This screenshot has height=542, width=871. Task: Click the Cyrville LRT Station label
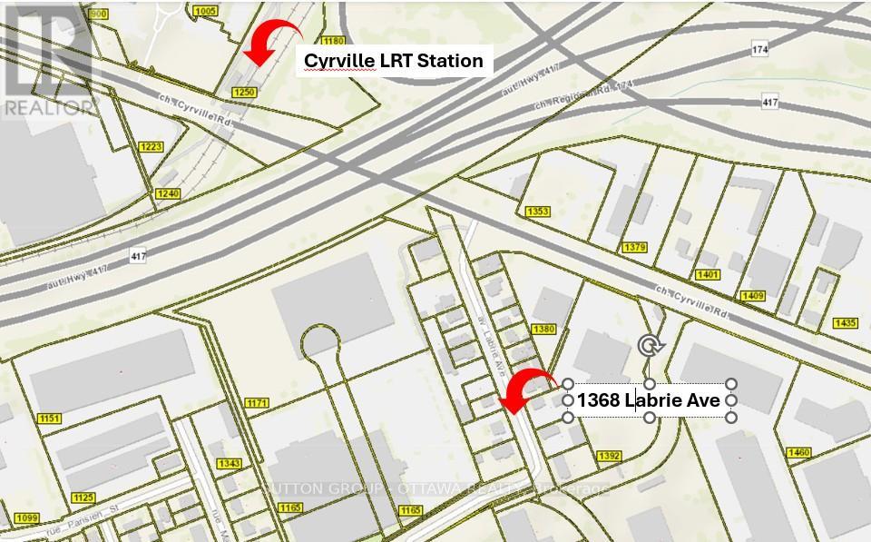click(393, 61)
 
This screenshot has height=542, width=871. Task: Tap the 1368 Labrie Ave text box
click(650, 399)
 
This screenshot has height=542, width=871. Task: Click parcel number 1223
click(150, 146)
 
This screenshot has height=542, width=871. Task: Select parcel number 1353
click(538, 212)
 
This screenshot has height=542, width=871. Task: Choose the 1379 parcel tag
click(635, 247)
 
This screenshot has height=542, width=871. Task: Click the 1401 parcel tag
click(709, 275)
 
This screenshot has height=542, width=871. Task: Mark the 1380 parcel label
click(544, 329)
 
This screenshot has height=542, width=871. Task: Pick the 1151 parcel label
click(49, 418)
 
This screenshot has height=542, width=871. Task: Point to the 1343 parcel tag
click(229, 463)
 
